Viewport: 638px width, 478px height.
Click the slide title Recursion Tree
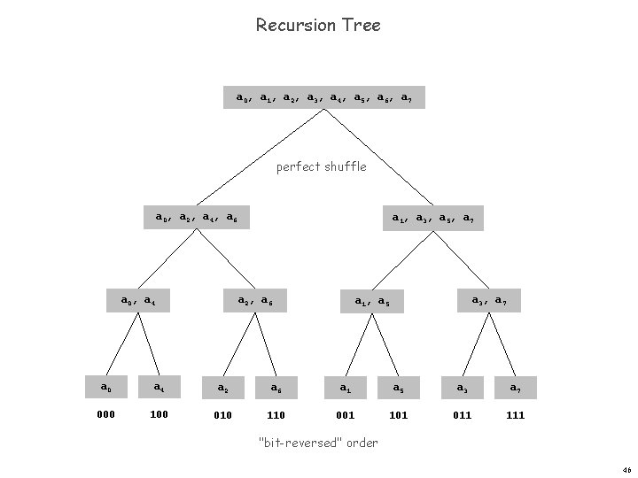click(x=318, y=25)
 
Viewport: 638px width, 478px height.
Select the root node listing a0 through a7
click(x=323, y=97)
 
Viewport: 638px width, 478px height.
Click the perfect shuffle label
click(x=321, y=166)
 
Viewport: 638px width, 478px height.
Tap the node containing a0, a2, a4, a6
click(x=196, y=217)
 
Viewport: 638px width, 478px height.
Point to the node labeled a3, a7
click(x=489, y=302)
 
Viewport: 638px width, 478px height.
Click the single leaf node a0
click(x=105, y=387)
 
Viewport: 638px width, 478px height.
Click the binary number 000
click(x=105, y=414)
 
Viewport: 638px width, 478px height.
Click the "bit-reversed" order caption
click(x=318, y=443)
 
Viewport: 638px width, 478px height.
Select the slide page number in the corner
click(x=625, y=470)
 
